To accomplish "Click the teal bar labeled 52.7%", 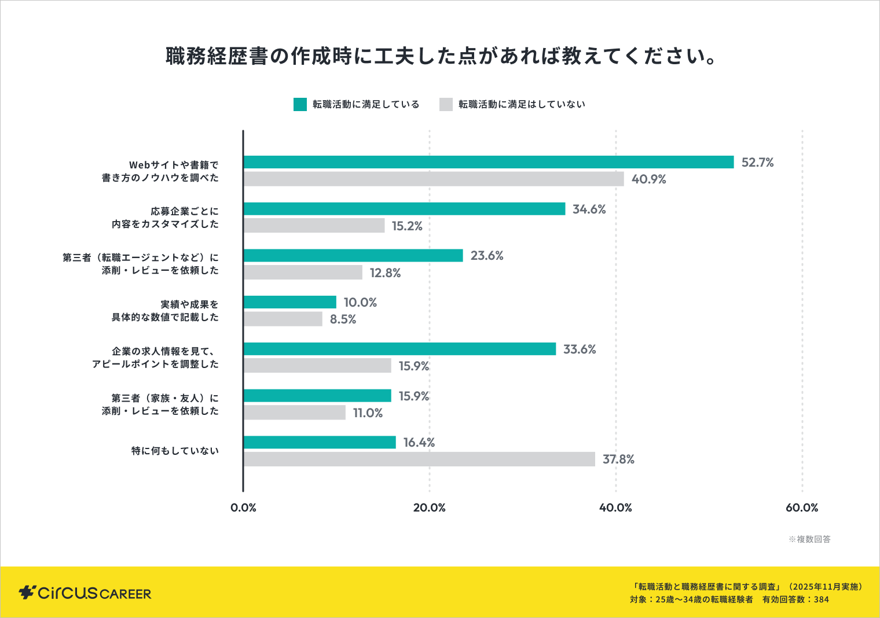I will click(488, 162).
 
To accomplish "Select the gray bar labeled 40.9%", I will click(434, 179).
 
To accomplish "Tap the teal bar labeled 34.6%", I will click(404, 209).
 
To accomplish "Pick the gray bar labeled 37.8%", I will click(419, 459).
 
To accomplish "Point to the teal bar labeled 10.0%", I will click(289, 302).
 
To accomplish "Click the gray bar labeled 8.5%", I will click(283, 319).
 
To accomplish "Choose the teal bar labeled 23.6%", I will click(353, 255).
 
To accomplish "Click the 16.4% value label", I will click(419, 443).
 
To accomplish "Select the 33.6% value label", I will click(579, 349).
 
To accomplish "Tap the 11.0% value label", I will click(368, 413).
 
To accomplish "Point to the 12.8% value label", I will click(385, 273).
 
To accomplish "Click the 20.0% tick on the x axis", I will click(429, 507).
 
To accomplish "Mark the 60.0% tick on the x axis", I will click(802, 507).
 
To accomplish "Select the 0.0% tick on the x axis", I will click(243, 507).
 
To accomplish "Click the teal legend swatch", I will click(300, 104).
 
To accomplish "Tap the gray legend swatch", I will click(446, 104).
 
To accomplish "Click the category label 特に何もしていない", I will click(175, 451).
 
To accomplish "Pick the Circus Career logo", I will click(85, 593).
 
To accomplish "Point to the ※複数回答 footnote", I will click(809, 539).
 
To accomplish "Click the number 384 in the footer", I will click(821, 599).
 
